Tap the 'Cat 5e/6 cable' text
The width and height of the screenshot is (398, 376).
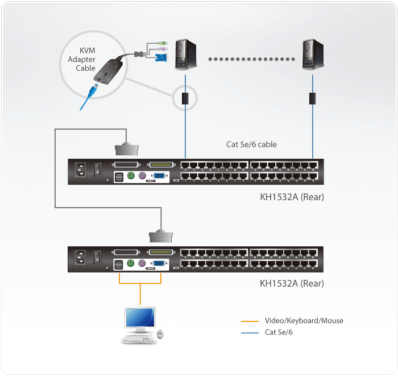pos(251,144)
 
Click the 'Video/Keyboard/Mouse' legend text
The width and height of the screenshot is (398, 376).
pos(304,321)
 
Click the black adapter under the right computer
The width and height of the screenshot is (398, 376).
pos(312,98)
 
